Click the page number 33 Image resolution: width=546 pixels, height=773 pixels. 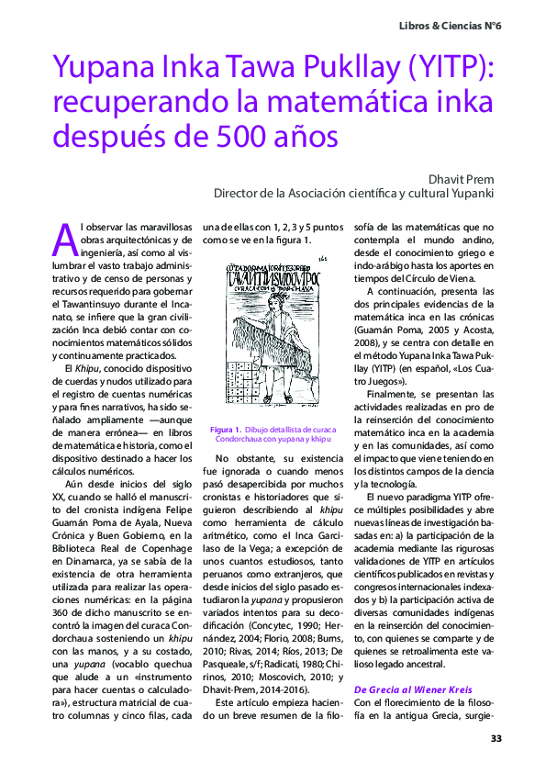(x=496, y=738)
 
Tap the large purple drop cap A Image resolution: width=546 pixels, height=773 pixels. (x=65, y=240)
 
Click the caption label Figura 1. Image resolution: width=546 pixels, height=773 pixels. (x=225, y=430)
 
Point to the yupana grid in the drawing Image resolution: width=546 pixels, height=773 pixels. (x=243, y=385)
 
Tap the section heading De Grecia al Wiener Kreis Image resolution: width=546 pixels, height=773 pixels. (x=413, y=689)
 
